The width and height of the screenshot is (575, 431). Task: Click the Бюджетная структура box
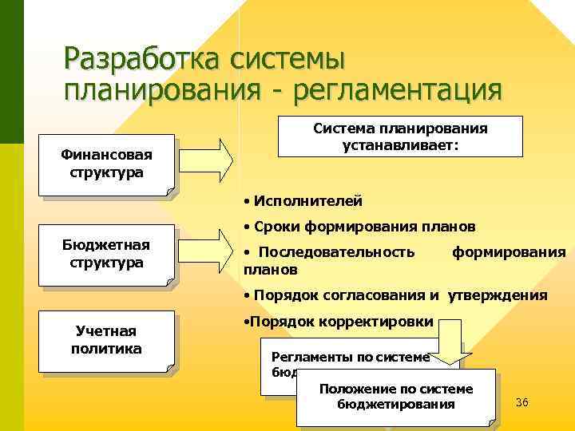click(105, 252)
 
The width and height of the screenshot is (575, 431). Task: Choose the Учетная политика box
click(105, 339)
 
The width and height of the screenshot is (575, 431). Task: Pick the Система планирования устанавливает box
click(400, 136)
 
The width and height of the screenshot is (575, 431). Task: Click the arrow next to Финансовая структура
click(212, 159)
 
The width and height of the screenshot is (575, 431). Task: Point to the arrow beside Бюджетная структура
click(212, 249)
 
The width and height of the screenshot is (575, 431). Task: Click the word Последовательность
click(336, 252)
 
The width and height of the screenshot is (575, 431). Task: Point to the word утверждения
click(497, 295)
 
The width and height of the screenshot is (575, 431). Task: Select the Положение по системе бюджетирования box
click(396, 396)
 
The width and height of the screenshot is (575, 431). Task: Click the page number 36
click(522, 401)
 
